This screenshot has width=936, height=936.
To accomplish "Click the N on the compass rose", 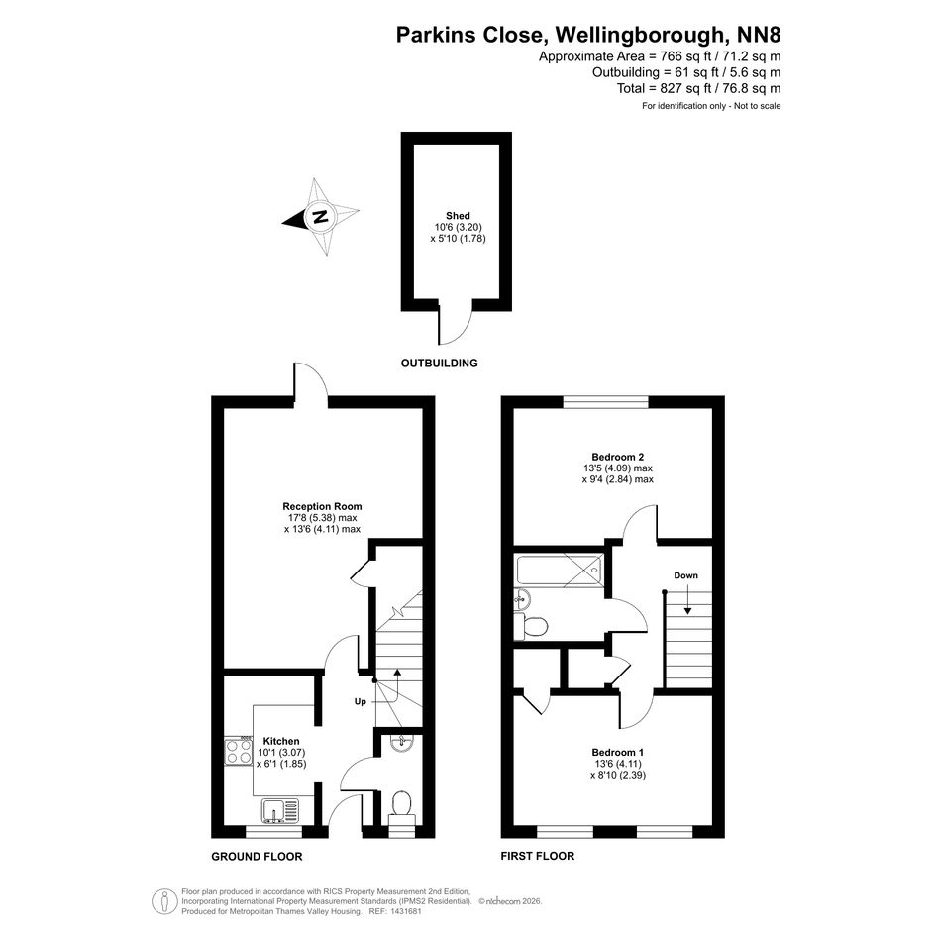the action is pyautogui.click(x=321, y=216).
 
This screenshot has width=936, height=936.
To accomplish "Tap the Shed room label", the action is pyautogui.click(x=458, y=216).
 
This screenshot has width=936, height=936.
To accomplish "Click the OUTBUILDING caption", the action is pyautogui.click(x=440, y=363).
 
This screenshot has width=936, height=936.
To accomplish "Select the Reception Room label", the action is pyautogui.click(x=322, y=506).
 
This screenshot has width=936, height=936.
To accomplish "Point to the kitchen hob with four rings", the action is pyautogui.click(x=239, y=752).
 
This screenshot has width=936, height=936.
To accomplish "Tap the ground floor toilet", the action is pyautogui.click(x=400, y=807).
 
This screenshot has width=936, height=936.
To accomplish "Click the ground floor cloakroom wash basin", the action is pyautogui.click(x=401, y=742).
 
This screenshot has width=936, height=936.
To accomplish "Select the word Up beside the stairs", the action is pyautogui.click(x=360, y=702).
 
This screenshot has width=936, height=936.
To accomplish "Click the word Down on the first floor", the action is pyautogui.click(x=685, y=575).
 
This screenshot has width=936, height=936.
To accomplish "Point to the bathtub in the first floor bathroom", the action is pyautogui.click(x=560, y=571).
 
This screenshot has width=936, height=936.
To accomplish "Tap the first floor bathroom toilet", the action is pyautogui.click(x=530, y=627).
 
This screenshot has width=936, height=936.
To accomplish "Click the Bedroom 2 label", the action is pyautogui.click(x=618, y=457).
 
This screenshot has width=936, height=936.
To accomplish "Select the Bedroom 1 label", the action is pyautogui.click(x=618, y=752).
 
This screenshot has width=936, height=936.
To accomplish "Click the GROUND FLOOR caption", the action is pyautogui.click(x=257, y=856).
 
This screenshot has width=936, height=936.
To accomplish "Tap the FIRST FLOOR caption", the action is pyautogui.click(x=537, y=856).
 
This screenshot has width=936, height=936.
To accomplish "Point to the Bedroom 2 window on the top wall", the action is pyautogui.click(x=606, y=402).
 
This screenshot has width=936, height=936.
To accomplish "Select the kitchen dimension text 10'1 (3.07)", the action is pyautogui.click(x=281, y=752).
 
